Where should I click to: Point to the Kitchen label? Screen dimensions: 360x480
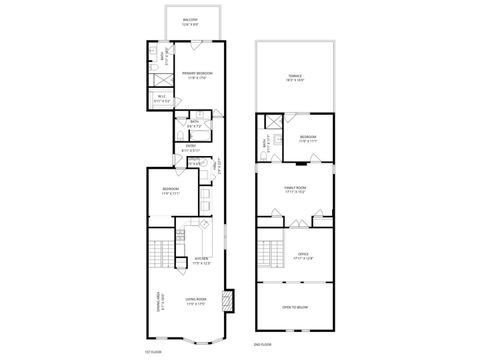pos(202,258)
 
